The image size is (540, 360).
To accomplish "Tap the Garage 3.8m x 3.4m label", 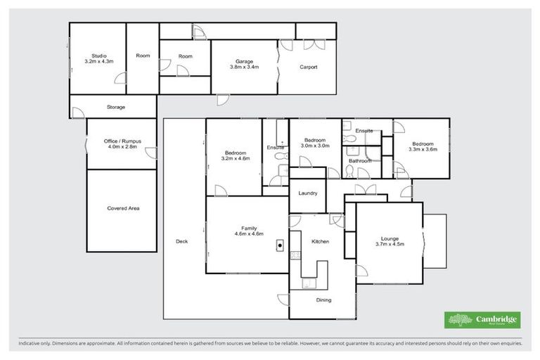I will click(x=245, y=65).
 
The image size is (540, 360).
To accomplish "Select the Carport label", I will click(x=308, y=67).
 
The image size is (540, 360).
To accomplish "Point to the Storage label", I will click(x=116, y=107).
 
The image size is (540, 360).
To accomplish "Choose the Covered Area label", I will click(x=122, y=208).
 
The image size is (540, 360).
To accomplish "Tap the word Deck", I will click(x=182, y=242).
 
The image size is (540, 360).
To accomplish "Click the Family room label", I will click(x=249, y=231).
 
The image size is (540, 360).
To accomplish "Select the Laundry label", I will click(x=308, y=193).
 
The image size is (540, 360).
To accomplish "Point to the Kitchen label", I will click(x=320, y=242).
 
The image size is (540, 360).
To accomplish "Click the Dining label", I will click(x=323, y=300).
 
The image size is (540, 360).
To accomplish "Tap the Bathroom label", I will click(x=360, y=161).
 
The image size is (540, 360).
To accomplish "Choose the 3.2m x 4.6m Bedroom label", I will click(x=236, y=156).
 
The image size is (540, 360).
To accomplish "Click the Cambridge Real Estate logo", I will click(x=482, y=320).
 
